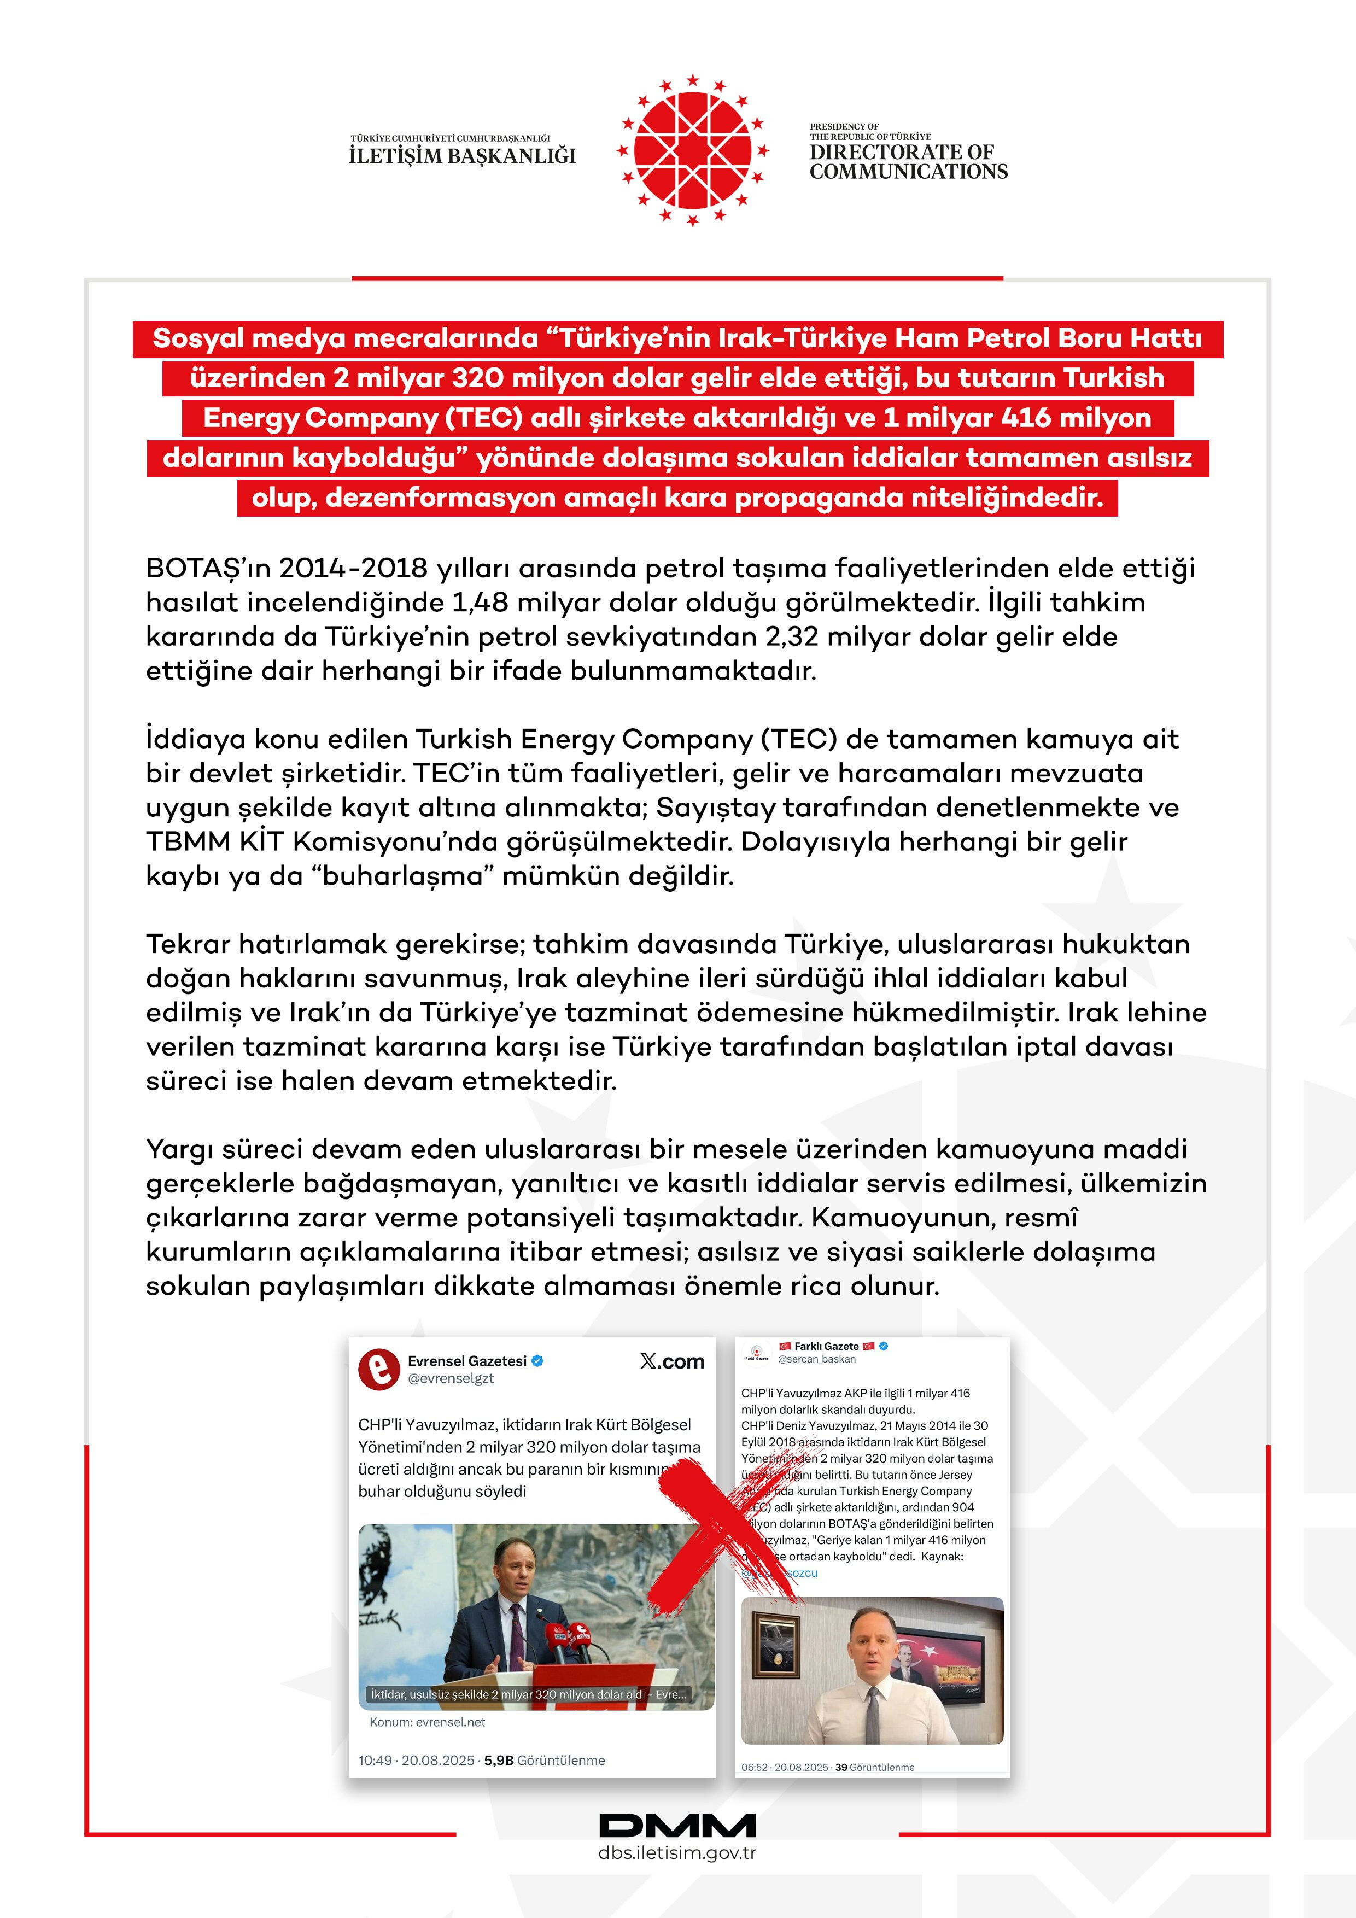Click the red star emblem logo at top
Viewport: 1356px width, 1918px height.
[692, 150]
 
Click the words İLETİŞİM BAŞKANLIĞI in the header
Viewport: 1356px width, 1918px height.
[462, 155]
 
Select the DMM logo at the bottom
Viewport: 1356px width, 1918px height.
[677, 1825]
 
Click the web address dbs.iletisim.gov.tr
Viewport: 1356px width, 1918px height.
[677, 1853]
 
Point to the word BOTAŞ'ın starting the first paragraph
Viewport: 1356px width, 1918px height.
[207, 568]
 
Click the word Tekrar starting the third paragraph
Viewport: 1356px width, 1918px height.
[188, 944]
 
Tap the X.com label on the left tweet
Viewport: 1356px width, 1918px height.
[672, 1361]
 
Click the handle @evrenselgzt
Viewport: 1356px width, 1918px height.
[451, 1379]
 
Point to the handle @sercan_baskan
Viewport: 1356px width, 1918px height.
[816, 1359]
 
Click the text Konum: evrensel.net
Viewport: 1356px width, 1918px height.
[427, 1722]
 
